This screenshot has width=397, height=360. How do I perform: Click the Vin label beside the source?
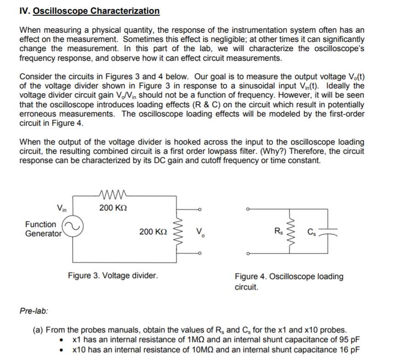(63, 208)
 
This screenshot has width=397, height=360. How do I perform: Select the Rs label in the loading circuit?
(278, 231)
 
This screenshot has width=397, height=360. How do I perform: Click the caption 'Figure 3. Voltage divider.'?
(113, 276)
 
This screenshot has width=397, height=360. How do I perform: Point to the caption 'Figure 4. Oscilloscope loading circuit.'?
(288, 281)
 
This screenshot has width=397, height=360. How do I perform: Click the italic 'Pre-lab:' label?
(34, 310)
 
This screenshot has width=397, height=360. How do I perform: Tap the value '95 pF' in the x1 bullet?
(349, 340)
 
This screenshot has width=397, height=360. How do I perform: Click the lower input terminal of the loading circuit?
(247, 253)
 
